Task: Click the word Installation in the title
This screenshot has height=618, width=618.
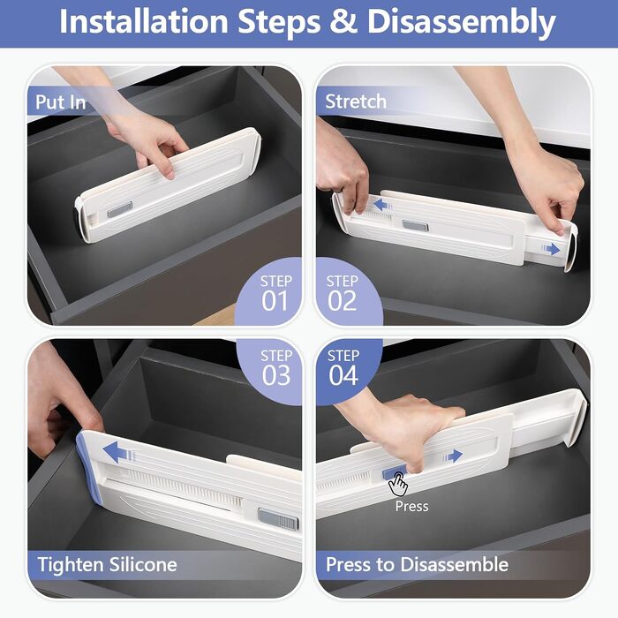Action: (x=144, y=21)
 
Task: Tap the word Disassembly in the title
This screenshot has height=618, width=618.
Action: (x=461, y=23)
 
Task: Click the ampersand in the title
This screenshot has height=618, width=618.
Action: (x=343, y=21)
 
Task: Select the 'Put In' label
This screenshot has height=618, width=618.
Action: (x=60, y=102)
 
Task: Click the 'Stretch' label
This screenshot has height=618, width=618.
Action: (x=356, y=102)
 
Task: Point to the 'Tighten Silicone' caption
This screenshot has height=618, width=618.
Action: (x=107, y=564)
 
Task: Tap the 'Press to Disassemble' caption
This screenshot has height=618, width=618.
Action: (x=417, y=564)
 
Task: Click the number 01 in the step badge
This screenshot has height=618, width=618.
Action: (x=275, y=301)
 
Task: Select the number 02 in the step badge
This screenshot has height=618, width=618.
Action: (x=342, y=301)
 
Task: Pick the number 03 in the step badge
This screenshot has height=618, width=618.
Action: (x=276, y=375)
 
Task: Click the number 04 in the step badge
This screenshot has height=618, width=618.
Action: (x=343, y=375)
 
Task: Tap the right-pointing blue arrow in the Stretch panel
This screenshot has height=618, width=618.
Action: (x=551, y=249)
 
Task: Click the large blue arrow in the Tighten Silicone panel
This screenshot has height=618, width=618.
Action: (x=118, y=452)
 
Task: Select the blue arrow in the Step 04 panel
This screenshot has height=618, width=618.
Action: (x=453, y=456)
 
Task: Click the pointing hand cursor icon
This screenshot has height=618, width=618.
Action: (x=398, y=485)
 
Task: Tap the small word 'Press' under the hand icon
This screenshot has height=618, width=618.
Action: (x=411, y=506)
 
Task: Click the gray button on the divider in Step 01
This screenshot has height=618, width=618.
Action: (x=120, y=209)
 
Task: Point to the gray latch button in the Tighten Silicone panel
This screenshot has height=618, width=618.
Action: (x=278, y=519)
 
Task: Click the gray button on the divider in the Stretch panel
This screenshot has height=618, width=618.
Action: (x=415, y=226)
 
